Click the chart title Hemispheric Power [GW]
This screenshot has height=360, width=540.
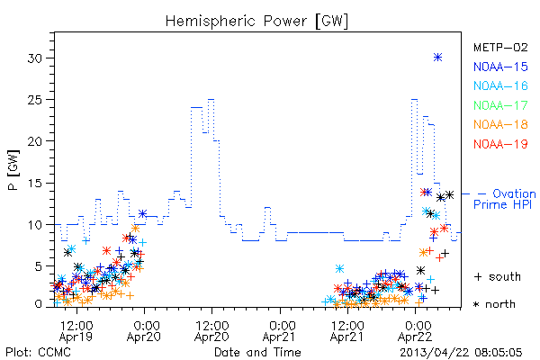[x=256, y=21]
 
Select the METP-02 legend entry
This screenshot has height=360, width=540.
[x=500, y=47]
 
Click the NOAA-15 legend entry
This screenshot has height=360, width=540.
[x=500, y=67]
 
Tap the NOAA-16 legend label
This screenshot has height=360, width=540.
[x=500, y=85]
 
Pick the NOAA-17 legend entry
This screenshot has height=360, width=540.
[x=500, y=105]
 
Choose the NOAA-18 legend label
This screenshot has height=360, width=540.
[x=500, y=124]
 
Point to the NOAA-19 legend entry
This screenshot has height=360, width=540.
[x=500, y=144]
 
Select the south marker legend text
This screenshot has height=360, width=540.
[x=498, y=276]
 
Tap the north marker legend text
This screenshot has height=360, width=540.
[x=495, y=304]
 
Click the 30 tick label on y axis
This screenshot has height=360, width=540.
[x=34, y=58]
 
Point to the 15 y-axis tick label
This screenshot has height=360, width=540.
[x=34, y=183]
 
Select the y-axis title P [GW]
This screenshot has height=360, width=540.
[x=13, y=170]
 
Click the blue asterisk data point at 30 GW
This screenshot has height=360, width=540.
[x=437, y=58]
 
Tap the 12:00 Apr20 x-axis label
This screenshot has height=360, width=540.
[x=211, y=331]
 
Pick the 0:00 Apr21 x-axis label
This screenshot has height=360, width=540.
[x=280, y=331]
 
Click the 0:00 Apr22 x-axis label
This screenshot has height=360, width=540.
[x=415, y=331]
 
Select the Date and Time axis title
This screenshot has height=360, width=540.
[x=257, y=353]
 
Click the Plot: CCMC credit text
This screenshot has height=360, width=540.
[x=38, y=353]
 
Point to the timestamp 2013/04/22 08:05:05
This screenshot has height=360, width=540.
[x=461, y=353]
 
